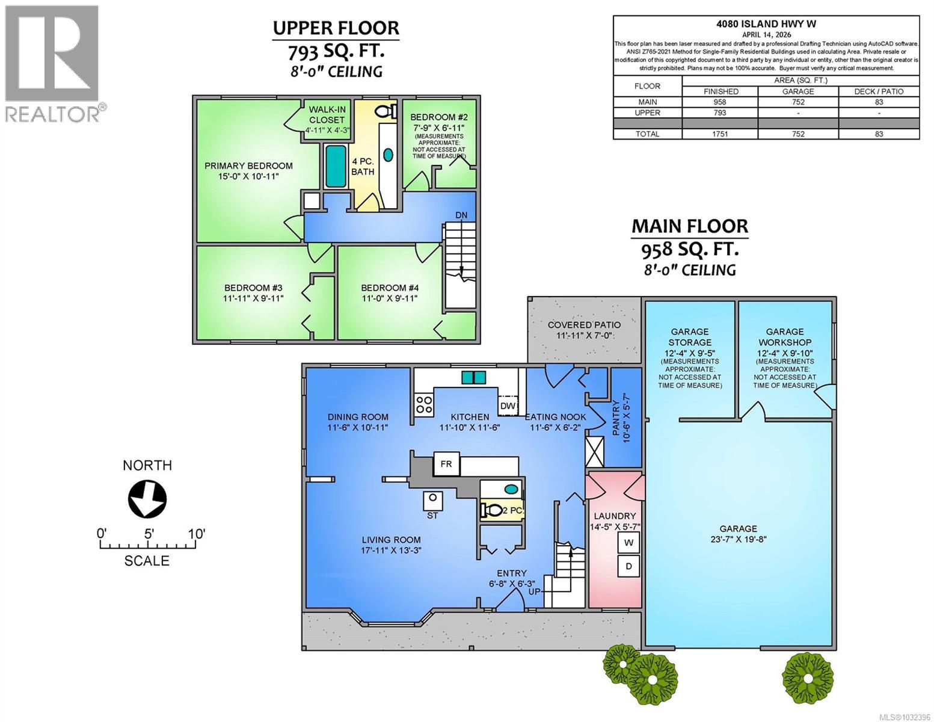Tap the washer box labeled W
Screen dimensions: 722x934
click(x=629, y=543)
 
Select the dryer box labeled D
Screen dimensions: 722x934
click(x=629, y=566)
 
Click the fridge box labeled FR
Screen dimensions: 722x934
click(x=446, y=464)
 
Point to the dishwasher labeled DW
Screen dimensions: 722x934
click(x=508, y=406)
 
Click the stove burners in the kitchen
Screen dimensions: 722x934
click(x=424, y=404)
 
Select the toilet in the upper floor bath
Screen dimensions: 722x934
click(x=385, y=111)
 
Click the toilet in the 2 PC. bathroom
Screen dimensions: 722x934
click(x=492, y=511)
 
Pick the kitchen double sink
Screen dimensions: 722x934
click(x=474, y=377)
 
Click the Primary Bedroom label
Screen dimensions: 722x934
click(x=248, y=171)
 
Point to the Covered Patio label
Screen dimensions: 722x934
click(x=584, y=330)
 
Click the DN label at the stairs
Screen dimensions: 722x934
click(x=461, y=215)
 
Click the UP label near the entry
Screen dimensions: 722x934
click(x=535, y=591)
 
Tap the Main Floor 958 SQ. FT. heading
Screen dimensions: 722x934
click(x=689, y=238)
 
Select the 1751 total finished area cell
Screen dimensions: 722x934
click(x=720, y=134)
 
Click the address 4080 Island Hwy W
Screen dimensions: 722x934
click(x=766, y=24)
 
